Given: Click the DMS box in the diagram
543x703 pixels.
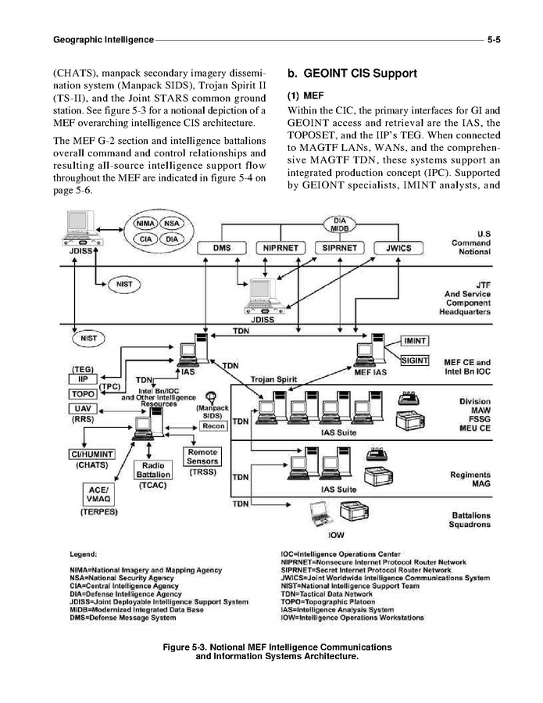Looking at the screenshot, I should [x=222, y=249].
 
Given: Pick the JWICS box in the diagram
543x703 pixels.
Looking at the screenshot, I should [x=398, y=249].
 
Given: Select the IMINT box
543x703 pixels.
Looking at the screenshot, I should [x=415, y=341].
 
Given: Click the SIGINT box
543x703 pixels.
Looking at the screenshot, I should [x=415, y=360].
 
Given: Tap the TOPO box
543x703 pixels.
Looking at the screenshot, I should [x=84, y=393].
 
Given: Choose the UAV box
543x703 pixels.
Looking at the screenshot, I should [x=84, y=408].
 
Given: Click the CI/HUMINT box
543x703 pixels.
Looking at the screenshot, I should [x=92, y=454].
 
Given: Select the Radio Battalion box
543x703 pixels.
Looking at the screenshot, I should [x=153, y=469].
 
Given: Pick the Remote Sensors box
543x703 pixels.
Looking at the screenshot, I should [x=202, y=457].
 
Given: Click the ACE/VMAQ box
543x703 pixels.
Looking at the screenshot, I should [x=98, y=493].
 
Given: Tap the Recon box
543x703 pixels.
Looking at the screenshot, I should [x=213, y=427].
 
